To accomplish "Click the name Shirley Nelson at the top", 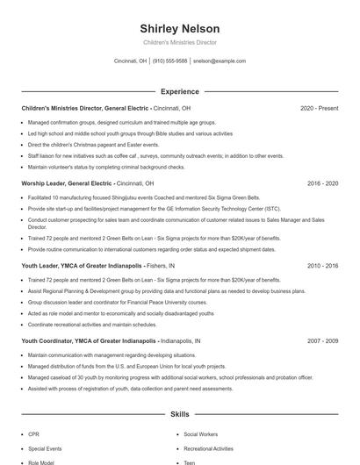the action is (179, 28).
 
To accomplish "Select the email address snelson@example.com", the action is (220, 61).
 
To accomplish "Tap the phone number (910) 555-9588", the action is (169, 61).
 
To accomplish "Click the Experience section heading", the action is (179, 91).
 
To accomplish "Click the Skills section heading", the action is (179, 413).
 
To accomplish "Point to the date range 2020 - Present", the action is (319, 108).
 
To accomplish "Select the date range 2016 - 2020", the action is (322, 184).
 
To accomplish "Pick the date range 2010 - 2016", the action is (322, 265).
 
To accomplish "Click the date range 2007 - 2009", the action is (322, 340).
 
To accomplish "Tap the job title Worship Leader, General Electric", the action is (67, 184).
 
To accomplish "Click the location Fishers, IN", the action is (160, 265).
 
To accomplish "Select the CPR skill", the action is (33, 433).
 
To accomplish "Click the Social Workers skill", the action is (201, 433).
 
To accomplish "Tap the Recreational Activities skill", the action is (210, 447).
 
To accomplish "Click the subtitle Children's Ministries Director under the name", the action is (179, 42).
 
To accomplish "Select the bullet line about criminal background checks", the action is (106, 167).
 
